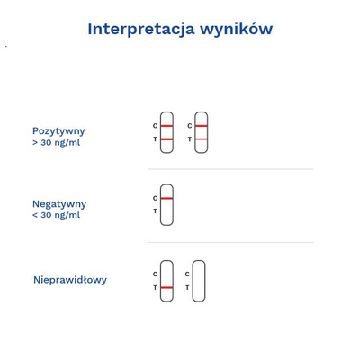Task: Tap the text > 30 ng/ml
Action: click(56, 143)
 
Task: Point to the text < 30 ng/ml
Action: click(56, 216)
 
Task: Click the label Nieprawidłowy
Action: click(69, 280)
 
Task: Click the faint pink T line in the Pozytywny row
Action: click(201, 139)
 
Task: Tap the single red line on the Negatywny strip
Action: click(166, 198)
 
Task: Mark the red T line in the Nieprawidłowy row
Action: click(166, 288)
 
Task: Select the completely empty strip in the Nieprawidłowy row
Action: click(199, 281)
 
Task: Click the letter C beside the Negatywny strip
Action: click(155, 198)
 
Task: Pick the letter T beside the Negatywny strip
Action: click(155, 211)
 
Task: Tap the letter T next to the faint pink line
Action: click(189, 139)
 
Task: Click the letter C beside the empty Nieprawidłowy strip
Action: click(187, 274)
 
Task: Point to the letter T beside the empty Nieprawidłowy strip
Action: click(187, 288)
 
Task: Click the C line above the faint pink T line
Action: click(201, 126)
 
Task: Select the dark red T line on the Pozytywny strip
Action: click(166, 139)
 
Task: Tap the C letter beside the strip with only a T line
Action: click(155, 274)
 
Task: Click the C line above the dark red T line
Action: click(166, 126)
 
